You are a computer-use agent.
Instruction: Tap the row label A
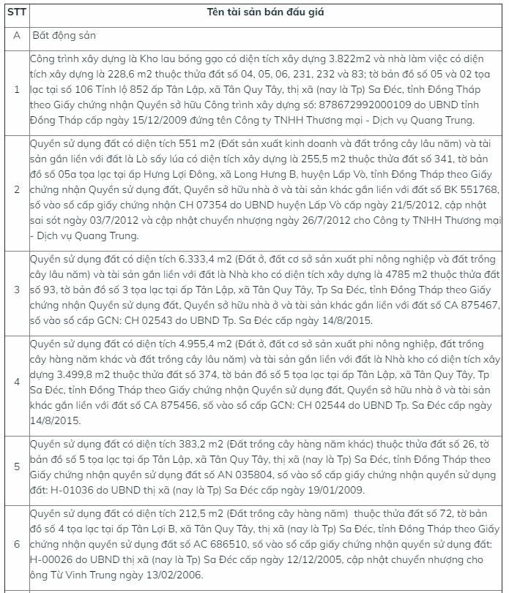(16, 35)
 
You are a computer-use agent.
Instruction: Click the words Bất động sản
(64, 35)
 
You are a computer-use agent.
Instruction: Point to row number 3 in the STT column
(16, 292)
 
